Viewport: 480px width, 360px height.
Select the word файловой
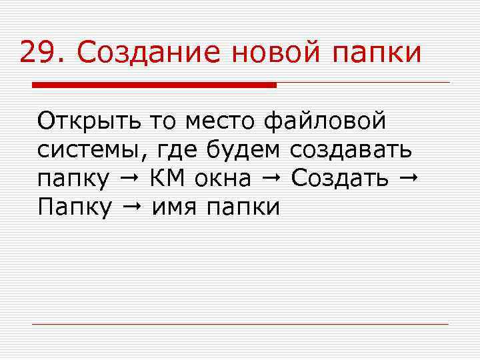point(325,123)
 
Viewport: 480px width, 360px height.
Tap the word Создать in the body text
point(340,179)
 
